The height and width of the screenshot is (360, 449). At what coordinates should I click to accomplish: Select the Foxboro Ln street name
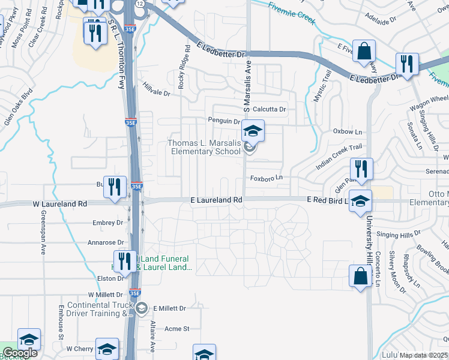266,178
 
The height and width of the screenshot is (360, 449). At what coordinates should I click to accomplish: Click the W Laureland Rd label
60,204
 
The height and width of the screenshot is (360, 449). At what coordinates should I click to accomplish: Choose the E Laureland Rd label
216,199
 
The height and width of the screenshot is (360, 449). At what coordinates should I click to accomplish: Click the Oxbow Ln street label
348,131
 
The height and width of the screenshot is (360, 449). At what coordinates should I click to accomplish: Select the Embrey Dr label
109,223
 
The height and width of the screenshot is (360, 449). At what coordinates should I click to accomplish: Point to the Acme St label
177,329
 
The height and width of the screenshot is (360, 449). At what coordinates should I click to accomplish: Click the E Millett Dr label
170,308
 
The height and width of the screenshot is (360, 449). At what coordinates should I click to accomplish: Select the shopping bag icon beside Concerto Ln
360,277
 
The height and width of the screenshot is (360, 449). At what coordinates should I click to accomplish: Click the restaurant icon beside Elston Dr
125,261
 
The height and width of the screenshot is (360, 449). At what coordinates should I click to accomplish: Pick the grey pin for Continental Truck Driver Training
141,309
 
